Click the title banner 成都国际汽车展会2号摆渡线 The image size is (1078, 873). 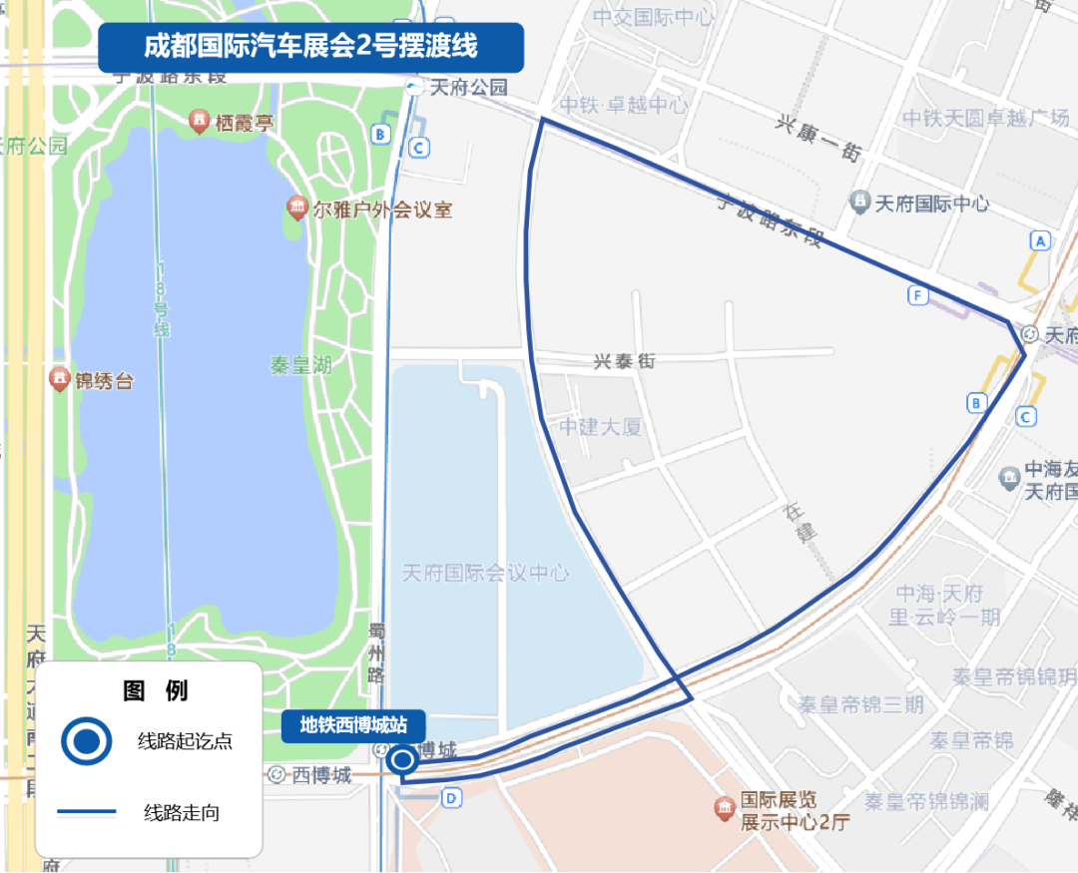310,47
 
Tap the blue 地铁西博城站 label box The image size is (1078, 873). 354,725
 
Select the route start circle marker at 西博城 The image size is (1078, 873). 403,761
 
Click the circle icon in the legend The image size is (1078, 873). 87,741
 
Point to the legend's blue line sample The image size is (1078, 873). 87,812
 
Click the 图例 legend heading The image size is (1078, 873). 155,690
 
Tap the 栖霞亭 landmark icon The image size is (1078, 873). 200,123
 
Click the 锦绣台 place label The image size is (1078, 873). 104,381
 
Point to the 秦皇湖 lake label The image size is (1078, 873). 300,365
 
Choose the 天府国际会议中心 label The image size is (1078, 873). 485,573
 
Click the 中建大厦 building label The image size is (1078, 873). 599,427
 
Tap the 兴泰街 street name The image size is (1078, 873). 625,361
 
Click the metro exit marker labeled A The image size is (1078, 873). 1041,240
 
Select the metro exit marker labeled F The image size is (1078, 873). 918,294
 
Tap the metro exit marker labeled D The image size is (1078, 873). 451,797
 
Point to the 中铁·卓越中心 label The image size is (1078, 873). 624,105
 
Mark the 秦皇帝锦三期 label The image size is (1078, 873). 860,704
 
